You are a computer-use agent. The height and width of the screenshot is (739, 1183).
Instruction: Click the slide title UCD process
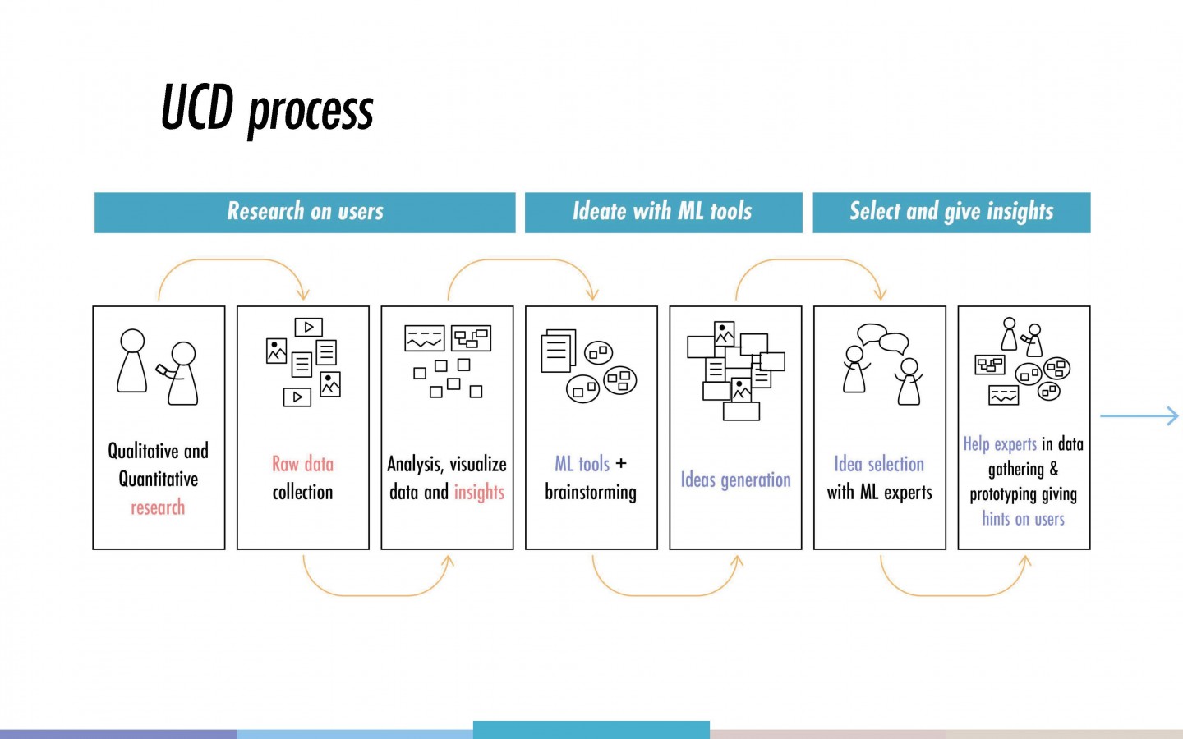click(267, 109)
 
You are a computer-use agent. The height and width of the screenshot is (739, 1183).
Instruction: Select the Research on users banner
click(305, 212)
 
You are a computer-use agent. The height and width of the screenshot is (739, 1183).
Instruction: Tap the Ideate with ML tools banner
click(663, 212)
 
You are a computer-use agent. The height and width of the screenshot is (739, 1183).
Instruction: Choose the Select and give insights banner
click(951, 212)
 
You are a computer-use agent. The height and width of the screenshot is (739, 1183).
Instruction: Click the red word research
click(158, 507)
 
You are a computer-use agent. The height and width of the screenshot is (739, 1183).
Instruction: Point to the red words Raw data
click(302, 464)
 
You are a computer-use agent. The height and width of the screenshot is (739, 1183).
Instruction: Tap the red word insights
click(479, 492)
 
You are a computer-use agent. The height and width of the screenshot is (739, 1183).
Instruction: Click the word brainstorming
click(591, 493)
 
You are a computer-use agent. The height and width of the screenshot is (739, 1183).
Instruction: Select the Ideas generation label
click(736, 480)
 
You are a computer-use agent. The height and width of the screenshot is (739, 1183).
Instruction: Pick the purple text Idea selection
click(879, 464)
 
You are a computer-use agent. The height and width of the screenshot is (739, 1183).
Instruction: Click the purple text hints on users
click(1023, 518)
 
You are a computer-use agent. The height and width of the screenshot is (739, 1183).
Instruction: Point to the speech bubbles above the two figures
click(883, 338)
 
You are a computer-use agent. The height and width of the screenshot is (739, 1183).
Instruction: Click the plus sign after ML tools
click(621, 463)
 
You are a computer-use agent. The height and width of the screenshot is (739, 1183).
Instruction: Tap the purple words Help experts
click(1000, 444)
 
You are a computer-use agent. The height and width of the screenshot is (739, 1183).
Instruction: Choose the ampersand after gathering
click(1053, 468)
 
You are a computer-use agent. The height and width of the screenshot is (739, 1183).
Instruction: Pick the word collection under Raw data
click(302, 493)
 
